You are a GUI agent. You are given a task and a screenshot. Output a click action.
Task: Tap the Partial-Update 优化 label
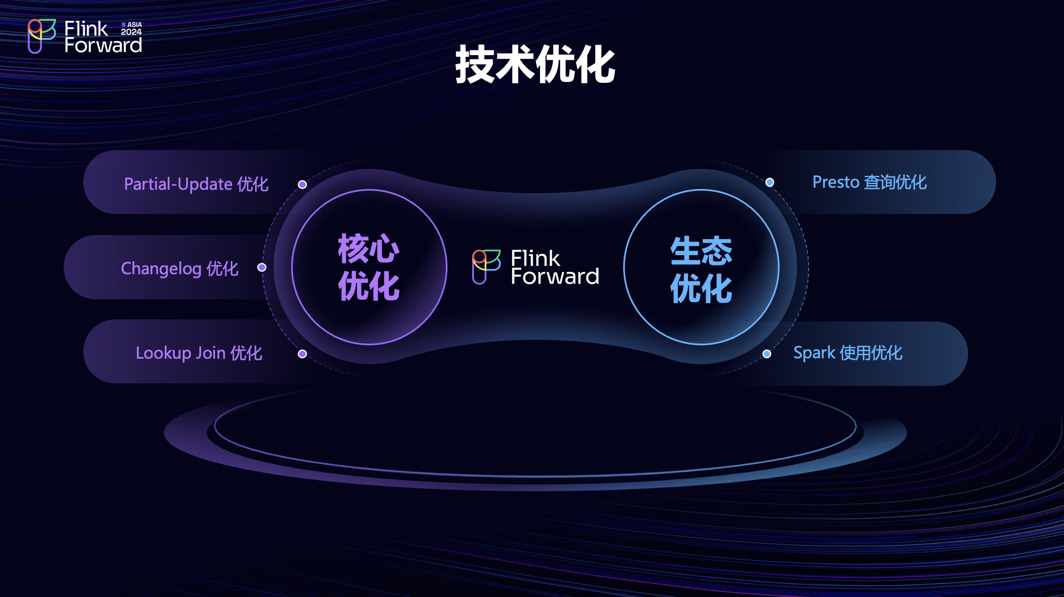pos(196,184)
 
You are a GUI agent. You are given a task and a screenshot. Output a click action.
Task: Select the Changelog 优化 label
pos(179,268)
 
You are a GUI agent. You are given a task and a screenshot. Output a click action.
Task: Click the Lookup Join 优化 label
pos(199,353)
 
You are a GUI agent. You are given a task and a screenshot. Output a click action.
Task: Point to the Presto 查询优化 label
pos(870,182)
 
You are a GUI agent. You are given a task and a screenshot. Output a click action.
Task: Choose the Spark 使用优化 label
pos(848,353)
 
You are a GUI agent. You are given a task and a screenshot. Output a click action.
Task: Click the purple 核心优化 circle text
pos(369,267)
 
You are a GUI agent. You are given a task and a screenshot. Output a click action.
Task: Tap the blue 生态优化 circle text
pos(701,269)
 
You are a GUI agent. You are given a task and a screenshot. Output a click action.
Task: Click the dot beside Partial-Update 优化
pos(302,184)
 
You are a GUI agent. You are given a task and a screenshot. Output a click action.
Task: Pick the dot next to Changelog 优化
pos(262,267)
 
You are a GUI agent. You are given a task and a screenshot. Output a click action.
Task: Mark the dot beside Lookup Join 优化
pos(302,354)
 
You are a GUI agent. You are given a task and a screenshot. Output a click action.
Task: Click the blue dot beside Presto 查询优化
pos(770,182)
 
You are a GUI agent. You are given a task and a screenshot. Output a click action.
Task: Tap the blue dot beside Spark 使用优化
pos(767,354)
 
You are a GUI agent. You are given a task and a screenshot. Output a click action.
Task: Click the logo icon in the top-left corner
pos(41,36)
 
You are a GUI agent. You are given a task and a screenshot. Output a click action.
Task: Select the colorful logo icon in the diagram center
pos(486,267)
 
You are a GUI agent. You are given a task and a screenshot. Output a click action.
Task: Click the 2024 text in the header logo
pos(131,32)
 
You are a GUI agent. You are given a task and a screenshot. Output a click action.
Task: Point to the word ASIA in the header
pos(135,25)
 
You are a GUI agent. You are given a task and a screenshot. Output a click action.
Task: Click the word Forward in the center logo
pos(555,276)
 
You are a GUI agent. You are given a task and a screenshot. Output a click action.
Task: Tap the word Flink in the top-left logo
pos(86,29)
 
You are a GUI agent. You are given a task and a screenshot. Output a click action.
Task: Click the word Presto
pos(836,182)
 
